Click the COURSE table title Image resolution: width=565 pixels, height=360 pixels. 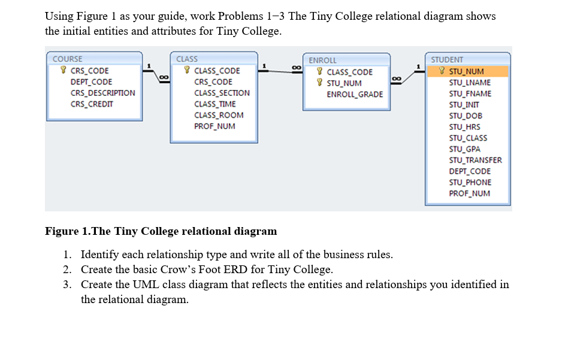(68, 59)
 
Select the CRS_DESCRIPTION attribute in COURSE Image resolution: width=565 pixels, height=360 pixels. (102, 93)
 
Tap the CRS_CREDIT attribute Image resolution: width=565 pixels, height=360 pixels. (92, 104)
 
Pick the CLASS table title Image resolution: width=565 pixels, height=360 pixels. (187, 59)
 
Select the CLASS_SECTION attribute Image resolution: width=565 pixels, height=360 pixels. (222, 93)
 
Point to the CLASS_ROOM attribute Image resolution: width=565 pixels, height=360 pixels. (219, 115)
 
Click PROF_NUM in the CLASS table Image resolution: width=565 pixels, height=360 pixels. (214, 126)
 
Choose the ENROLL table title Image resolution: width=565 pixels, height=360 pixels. (323, 60)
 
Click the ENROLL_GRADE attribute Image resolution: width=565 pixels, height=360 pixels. (355, 94)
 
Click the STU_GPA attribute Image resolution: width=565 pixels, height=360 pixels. (465, 149)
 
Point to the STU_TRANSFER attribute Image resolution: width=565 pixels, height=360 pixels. (476, 160)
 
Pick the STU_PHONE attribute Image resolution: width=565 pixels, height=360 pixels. (470, 182)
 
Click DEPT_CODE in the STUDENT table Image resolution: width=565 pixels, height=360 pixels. (470, 171)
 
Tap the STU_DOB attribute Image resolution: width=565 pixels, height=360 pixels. (466, 116)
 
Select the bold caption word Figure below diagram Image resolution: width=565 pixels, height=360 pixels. (62, 231)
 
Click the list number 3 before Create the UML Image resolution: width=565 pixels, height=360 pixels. (68, 285)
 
